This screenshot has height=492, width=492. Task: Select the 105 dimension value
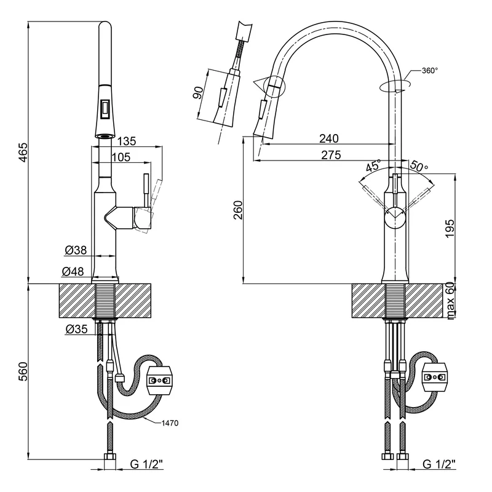121,157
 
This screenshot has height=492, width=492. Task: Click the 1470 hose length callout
170,423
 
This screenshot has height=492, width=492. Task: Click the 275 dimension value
331,156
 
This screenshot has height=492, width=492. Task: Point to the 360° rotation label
430,71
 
